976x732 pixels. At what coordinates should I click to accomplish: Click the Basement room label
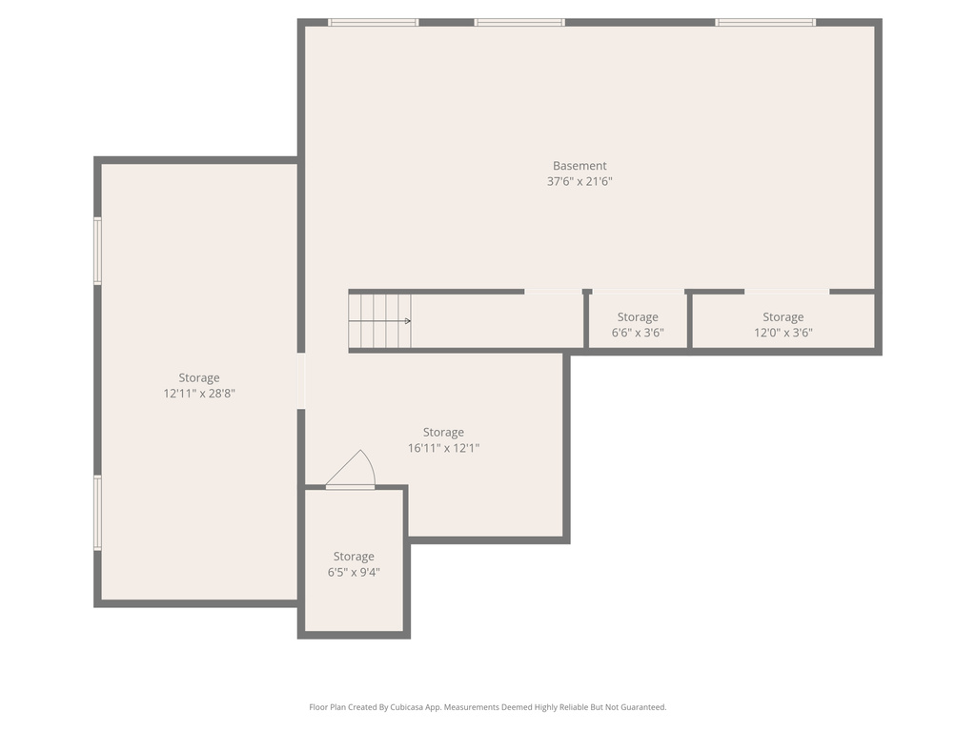click(579, 166)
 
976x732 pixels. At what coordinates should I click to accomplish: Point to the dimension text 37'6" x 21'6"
click(579, 181)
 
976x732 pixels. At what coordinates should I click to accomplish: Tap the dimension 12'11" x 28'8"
click(199, 393)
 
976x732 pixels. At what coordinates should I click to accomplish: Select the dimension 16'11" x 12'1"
click(443, 448)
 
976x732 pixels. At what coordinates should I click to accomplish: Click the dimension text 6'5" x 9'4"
click(354, 572)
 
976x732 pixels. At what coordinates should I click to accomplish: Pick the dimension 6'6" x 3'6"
click(638, 333)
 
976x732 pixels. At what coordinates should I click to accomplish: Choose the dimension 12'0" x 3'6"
click(783, 333)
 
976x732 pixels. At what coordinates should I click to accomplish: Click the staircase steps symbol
click(379, 321)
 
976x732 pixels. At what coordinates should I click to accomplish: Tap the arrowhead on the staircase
click(408, 321)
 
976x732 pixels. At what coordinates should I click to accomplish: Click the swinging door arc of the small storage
click(355, 468)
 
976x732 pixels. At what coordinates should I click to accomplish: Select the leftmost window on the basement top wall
click(373, 22)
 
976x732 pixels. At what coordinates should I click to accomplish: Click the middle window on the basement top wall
click(519, 22)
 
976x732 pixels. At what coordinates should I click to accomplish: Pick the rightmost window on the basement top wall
click(765, 22)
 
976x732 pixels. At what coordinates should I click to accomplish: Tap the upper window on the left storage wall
click(97, 251)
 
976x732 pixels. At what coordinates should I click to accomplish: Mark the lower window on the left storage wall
click(97, 513)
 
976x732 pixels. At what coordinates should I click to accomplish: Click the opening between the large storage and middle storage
click(301, 381)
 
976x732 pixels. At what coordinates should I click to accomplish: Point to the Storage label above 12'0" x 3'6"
click(783, 317)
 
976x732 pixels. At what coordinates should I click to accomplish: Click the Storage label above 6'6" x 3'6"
click(638, 317)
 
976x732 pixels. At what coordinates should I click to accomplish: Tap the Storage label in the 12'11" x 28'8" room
click(199, 377)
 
